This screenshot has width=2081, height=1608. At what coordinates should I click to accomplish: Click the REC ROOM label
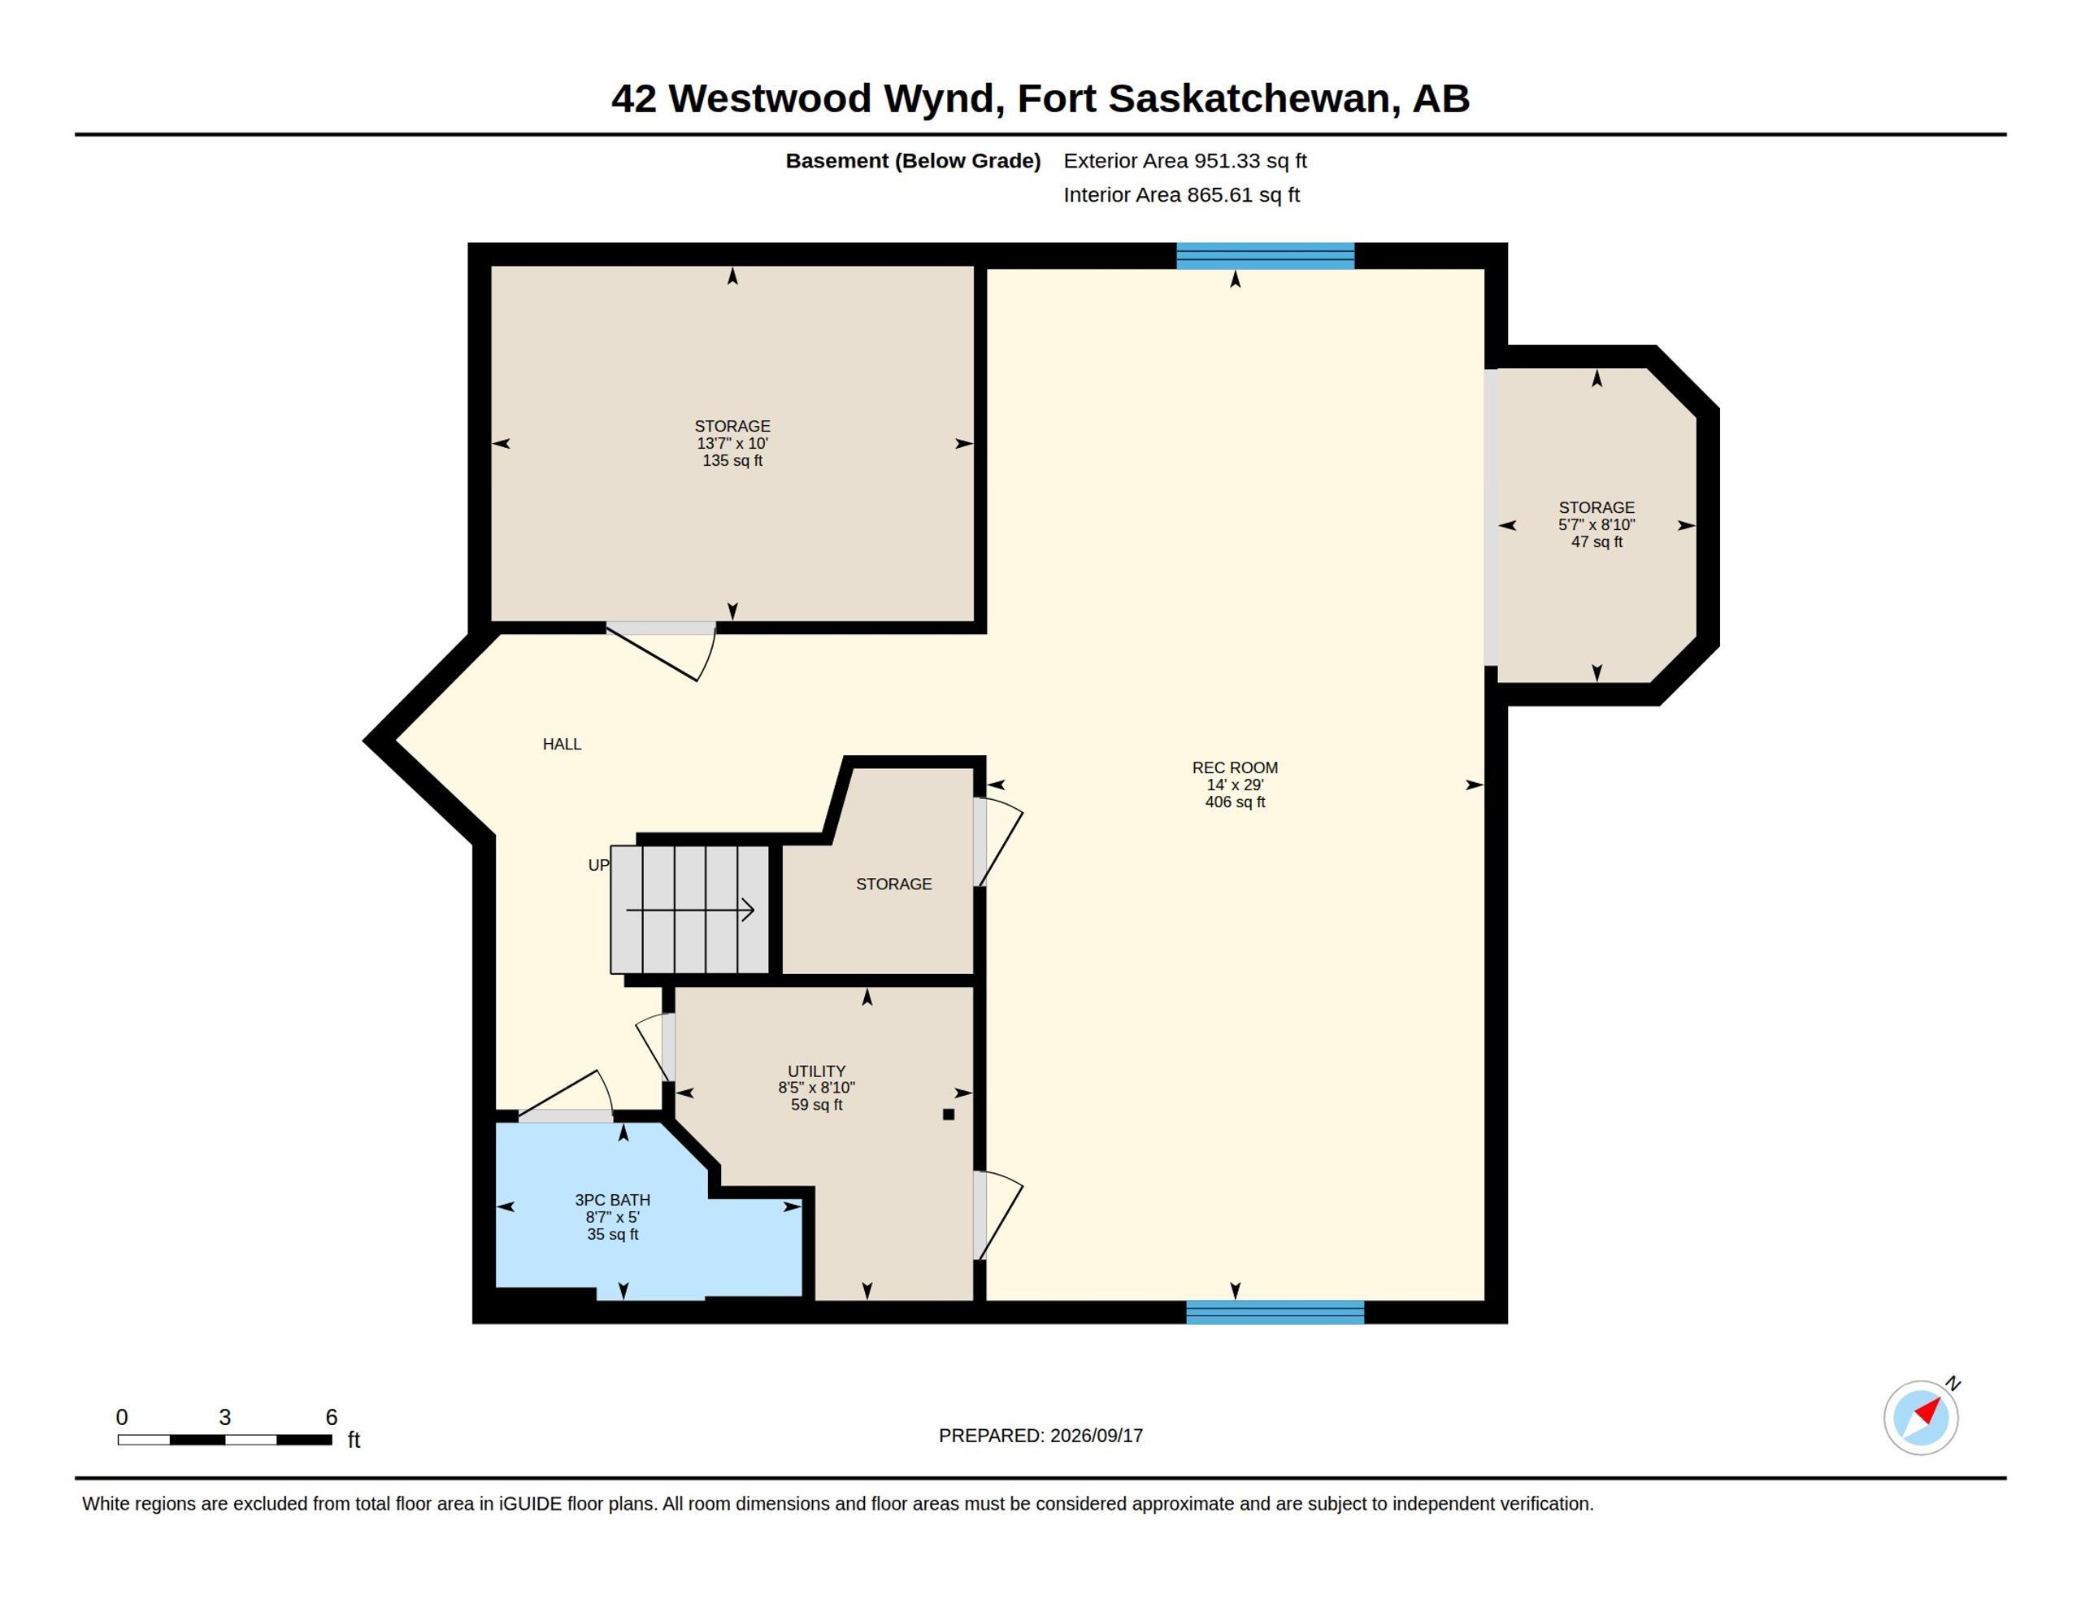(1235, 767)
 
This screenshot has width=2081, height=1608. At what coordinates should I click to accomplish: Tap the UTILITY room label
(817, 1071)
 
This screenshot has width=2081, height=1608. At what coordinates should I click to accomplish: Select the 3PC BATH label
(613, 1200)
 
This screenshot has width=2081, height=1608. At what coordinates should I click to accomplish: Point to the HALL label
(563, 745)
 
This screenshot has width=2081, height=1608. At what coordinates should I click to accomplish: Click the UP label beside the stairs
(598, 866)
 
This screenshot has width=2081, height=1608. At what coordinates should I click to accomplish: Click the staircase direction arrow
(690, 910)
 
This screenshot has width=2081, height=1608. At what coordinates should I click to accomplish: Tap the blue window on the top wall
(1266, 256)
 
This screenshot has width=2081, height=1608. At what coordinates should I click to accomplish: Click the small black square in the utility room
(948, 1115)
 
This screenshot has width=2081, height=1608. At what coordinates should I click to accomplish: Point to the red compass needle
(1928, 1410)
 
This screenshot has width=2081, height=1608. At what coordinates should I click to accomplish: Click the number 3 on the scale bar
(225, 1418)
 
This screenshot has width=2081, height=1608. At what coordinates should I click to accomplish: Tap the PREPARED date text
(1040, 1436)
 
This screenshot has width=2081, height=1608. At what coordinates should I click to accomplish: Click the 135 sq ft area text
(732, 460)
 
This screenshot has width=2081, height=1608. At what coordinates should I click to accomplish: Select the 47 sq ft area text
(1597, 542)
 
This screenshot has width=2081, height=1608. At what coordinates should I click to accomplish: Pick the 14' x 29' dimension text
(1235, 785)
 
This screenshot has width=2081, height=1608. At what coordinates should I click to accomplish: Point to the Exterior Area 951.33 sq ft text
(1185, 161)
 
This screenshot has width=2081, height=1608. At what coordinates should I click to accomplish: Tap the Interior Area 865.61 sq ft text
(1181, 195)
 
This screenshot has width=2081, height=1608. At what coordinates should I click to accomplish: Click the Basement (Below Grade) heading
(913, 161)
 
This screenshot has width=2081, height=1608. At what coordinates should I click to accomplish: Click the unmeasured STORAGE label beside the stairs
(893, 884)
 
